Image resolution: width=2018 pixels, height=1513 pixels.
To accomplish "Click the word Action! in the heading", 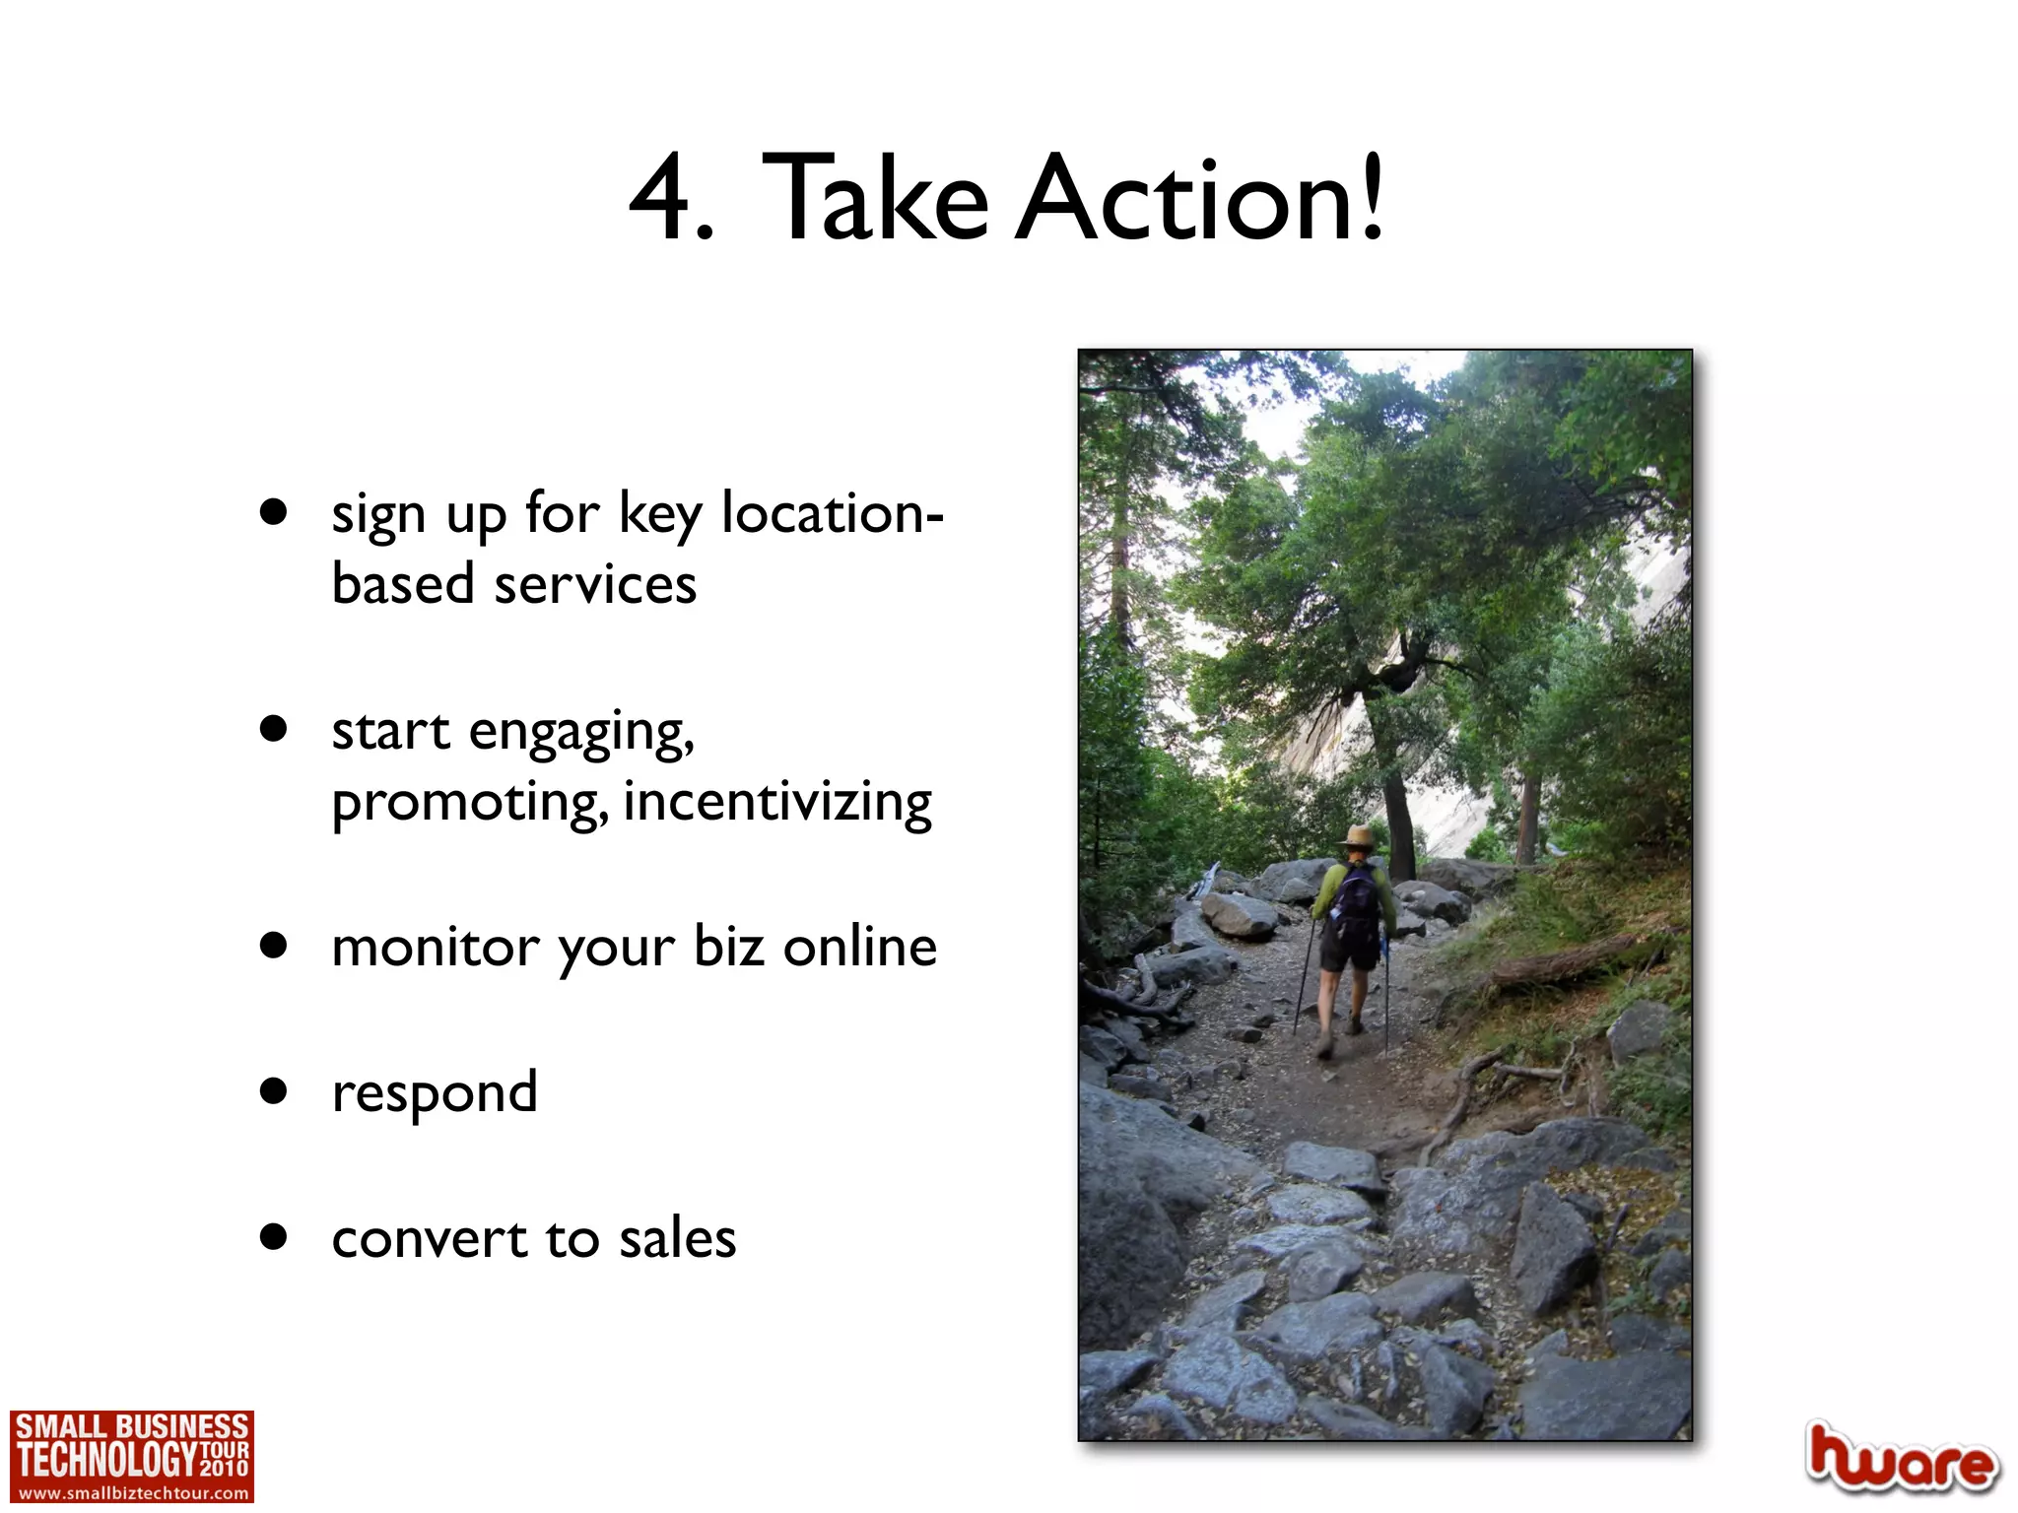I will pos(1200,199).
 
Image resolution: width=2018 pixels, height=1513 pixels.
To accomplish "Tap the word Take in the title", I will pos(874,199).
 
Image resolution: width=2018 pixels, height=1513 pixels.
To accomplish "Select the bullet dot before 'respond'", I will pos(273,1091).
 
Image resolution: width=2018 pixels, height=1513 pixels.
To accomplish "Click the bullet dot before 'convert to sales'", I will pos(273,1236).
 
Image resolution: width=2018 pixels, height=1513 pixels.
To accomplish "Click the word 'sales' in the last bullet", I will pos(677,1238).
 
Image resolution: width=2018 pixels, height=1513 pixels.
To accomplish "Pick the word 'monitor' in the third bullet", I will pos(435,948).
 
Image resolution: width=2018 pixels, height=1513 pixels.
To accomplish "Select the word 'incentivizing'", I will pos(777,802).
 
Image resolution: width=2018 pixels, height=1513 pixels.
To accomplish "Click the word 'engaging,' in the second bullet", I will pos(581,733).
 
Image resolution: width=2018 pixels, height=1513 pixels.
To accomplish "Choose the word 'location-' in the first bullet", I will pos(833,513).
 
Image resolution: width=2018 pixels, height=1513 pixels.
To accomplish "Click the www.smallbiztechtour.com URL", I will pos(133,1493).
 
